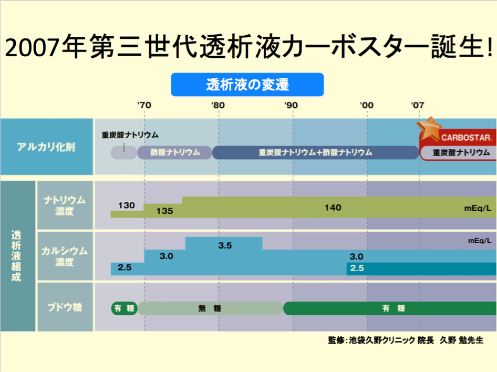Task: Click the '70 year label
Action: [x=144, y=105]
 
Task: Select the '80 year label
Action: [x=218, y=105]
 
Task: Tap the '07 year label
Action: [x=418, y=105]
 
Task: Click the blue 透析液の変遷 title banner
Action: [x=247, y=85]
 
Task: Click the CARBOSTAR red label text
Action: [x=467, y=138]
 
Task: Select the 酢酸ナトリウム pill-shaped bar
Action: [x=174, y=152]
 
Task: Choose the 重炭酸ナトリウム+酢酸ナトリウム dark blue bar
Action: [x=316, y=152]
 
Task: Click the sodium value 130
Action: [x=127, y=205]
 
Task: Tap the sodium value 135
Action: [x=165, y=211]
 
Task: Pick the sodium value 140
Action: [x=333, y=208]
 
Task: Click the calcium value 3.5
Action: [x=225, y=245]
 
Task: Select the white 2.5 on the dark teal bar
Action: [x=357, y=268]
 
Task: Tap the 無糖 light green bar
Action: [x=210, y=308]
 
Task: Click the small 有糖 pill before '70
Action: [x=124, y=308]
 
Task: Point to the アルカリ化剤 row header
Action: [x=47, y=147]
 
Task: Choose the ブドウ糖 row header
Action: [x=65, y=307]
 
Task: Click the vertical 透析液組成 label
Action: [x=16, y=256]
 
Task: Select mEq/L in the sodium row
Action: [x=478, y=208]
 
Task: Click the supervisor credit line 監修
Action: [x=406, y=340]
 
